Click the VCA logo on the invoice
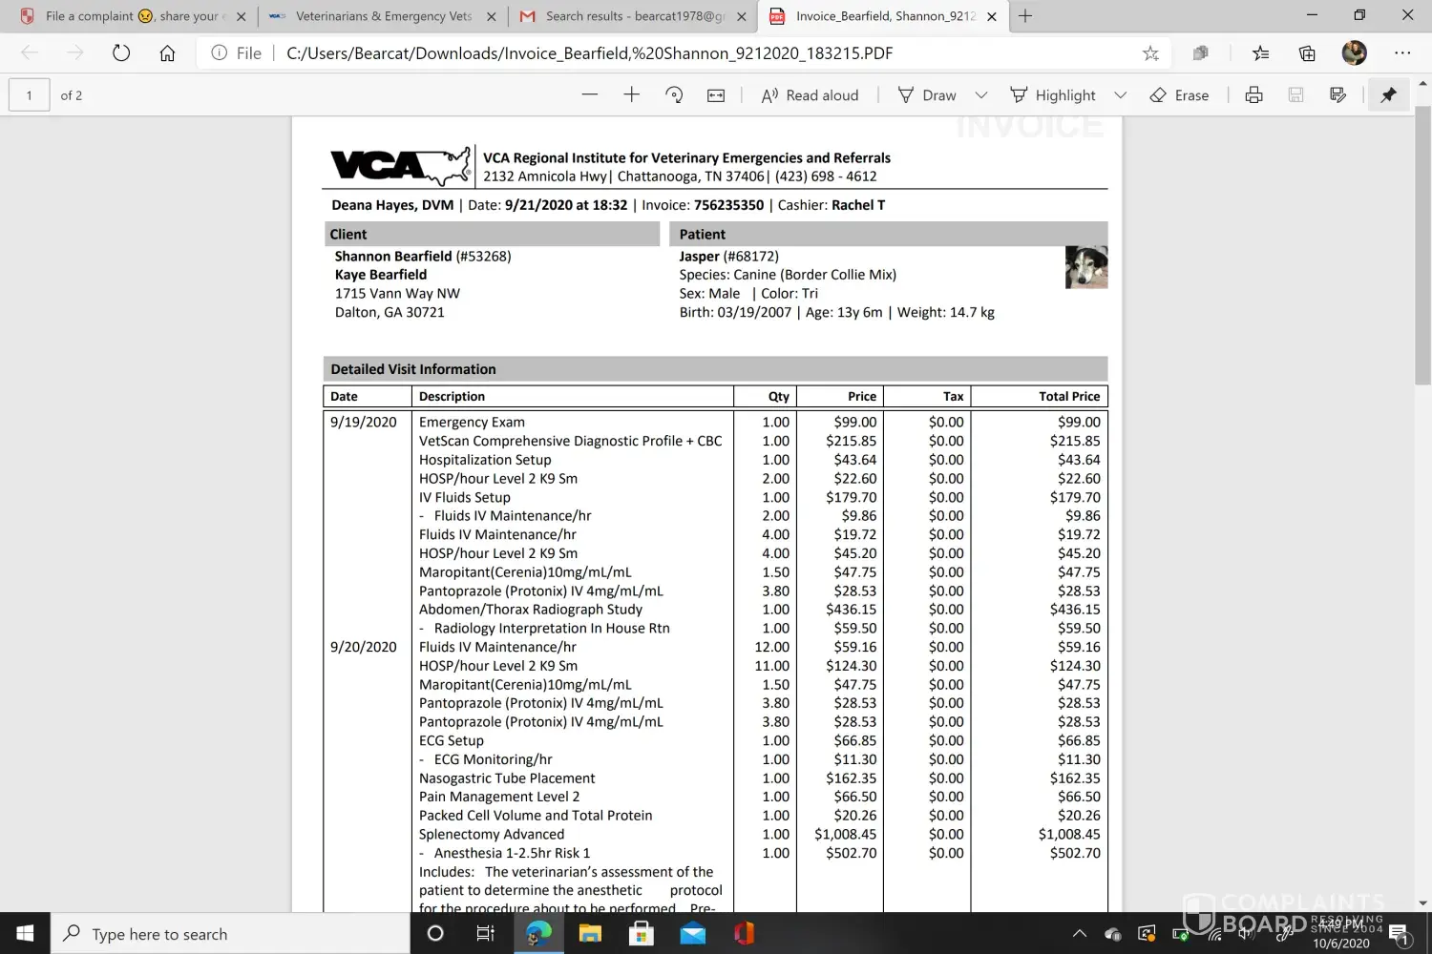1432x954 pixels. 400,166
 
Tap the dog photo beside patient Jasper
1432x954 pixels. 1086,267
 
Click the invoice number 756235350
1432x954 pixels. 728,205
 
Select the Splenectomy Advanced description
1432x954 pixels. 492,834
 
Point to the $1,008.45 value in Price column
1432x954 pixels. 845,834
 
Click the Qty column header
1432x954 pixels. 778,397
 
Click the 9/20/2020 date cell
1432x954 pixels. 364,647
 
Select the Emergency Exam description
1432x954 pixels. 472,422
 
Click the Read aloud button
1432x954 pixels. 810,95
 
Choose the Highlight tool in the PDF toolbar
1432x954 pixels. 1053,95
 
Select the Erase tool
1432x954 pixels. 1179,95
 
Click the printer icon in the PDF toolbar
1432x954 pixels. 1254,95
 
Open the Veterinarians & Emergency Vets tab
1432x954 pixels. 383,16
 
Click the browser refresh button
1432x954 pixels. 121,53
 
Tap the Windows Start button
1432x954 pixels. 25,933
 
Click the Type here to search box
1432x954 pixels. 229,934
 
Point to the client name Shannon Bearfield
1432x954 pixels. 393,257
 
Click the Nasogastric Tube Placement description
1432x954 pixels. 507,778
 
